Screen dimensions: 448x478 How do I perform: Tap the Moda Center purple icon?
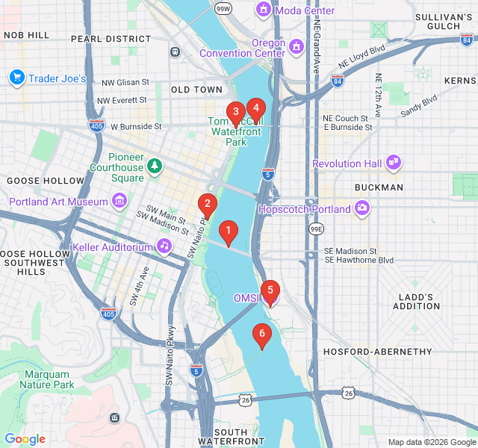263,10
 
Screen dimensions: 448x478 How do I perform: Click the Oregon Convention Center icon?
297,48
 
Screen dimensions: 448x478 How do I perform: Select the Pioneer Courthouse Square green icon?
155,165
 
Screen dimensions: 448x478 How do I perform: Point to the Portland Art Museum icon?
119,201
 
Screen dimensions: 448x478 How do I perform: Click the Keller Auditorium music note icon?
164,246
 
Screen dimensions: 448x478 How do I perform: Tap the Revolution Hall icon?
393,163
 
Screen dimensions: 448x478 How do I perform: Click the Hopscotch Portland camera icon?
362,208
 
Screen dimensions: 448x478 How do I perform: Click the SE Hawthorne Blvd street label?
358,260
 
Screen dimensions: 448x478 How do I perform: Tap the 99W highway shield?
223,9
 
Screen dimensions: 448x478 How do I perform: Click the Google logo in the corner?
25,439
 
